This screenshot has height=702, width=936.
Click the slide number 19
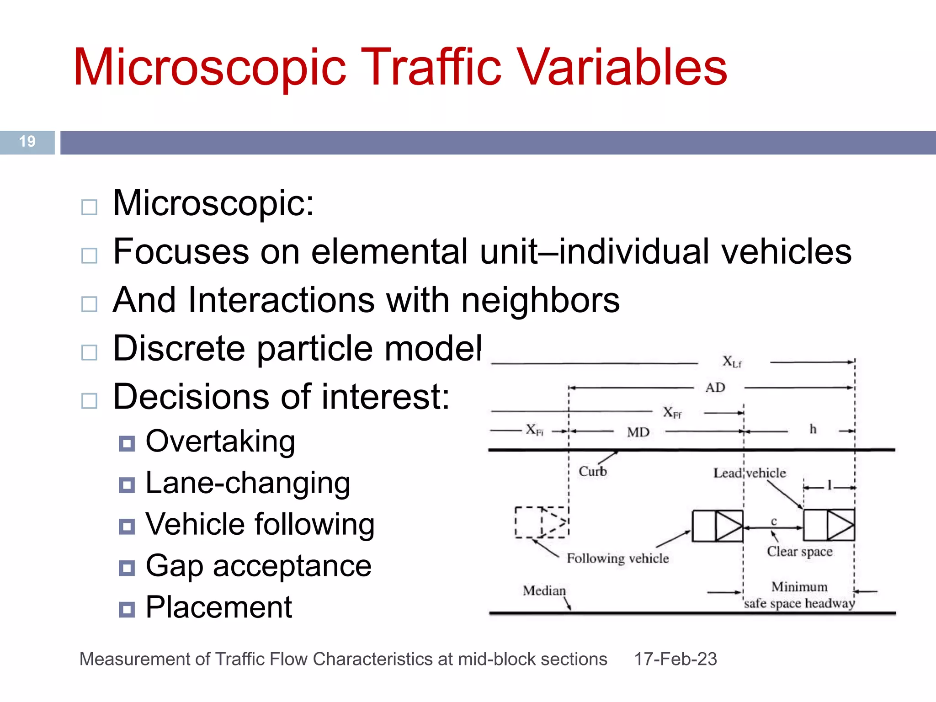27,141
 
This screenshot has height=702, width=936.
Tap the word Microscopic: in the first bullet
213,203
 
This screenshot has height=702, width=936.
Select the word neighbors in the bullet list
540,300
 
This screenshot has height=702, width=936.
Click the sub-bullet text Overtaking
220,441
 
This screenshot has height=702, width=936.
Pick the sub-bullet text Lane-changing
248,483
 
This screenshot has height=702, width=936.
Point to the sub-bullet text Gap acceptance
258,566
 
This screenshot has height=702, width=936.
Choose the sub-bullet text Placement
218,607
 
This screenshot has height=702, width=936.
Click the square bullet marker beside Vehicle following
127,526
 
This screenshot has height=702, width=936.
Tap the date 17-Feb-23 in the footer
675,659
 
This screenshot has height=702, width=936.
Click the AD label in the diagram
715,388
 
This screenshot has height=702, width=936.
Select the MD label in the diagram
638,432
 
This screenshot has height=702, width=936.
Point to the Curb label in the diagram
593,471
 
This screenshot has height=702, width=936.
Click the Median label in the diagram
544,590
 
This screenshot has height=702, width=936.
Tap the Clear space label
799,552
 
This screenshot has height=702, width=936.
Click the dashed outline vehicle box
542,522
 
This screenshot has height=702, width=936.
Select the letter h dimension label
813,429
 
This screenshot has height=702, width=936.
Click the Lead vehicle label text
750,473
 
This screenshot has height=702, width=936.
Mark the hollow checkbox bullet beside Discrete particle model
89,352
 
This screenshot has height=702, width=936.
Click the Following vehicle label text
617,558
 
